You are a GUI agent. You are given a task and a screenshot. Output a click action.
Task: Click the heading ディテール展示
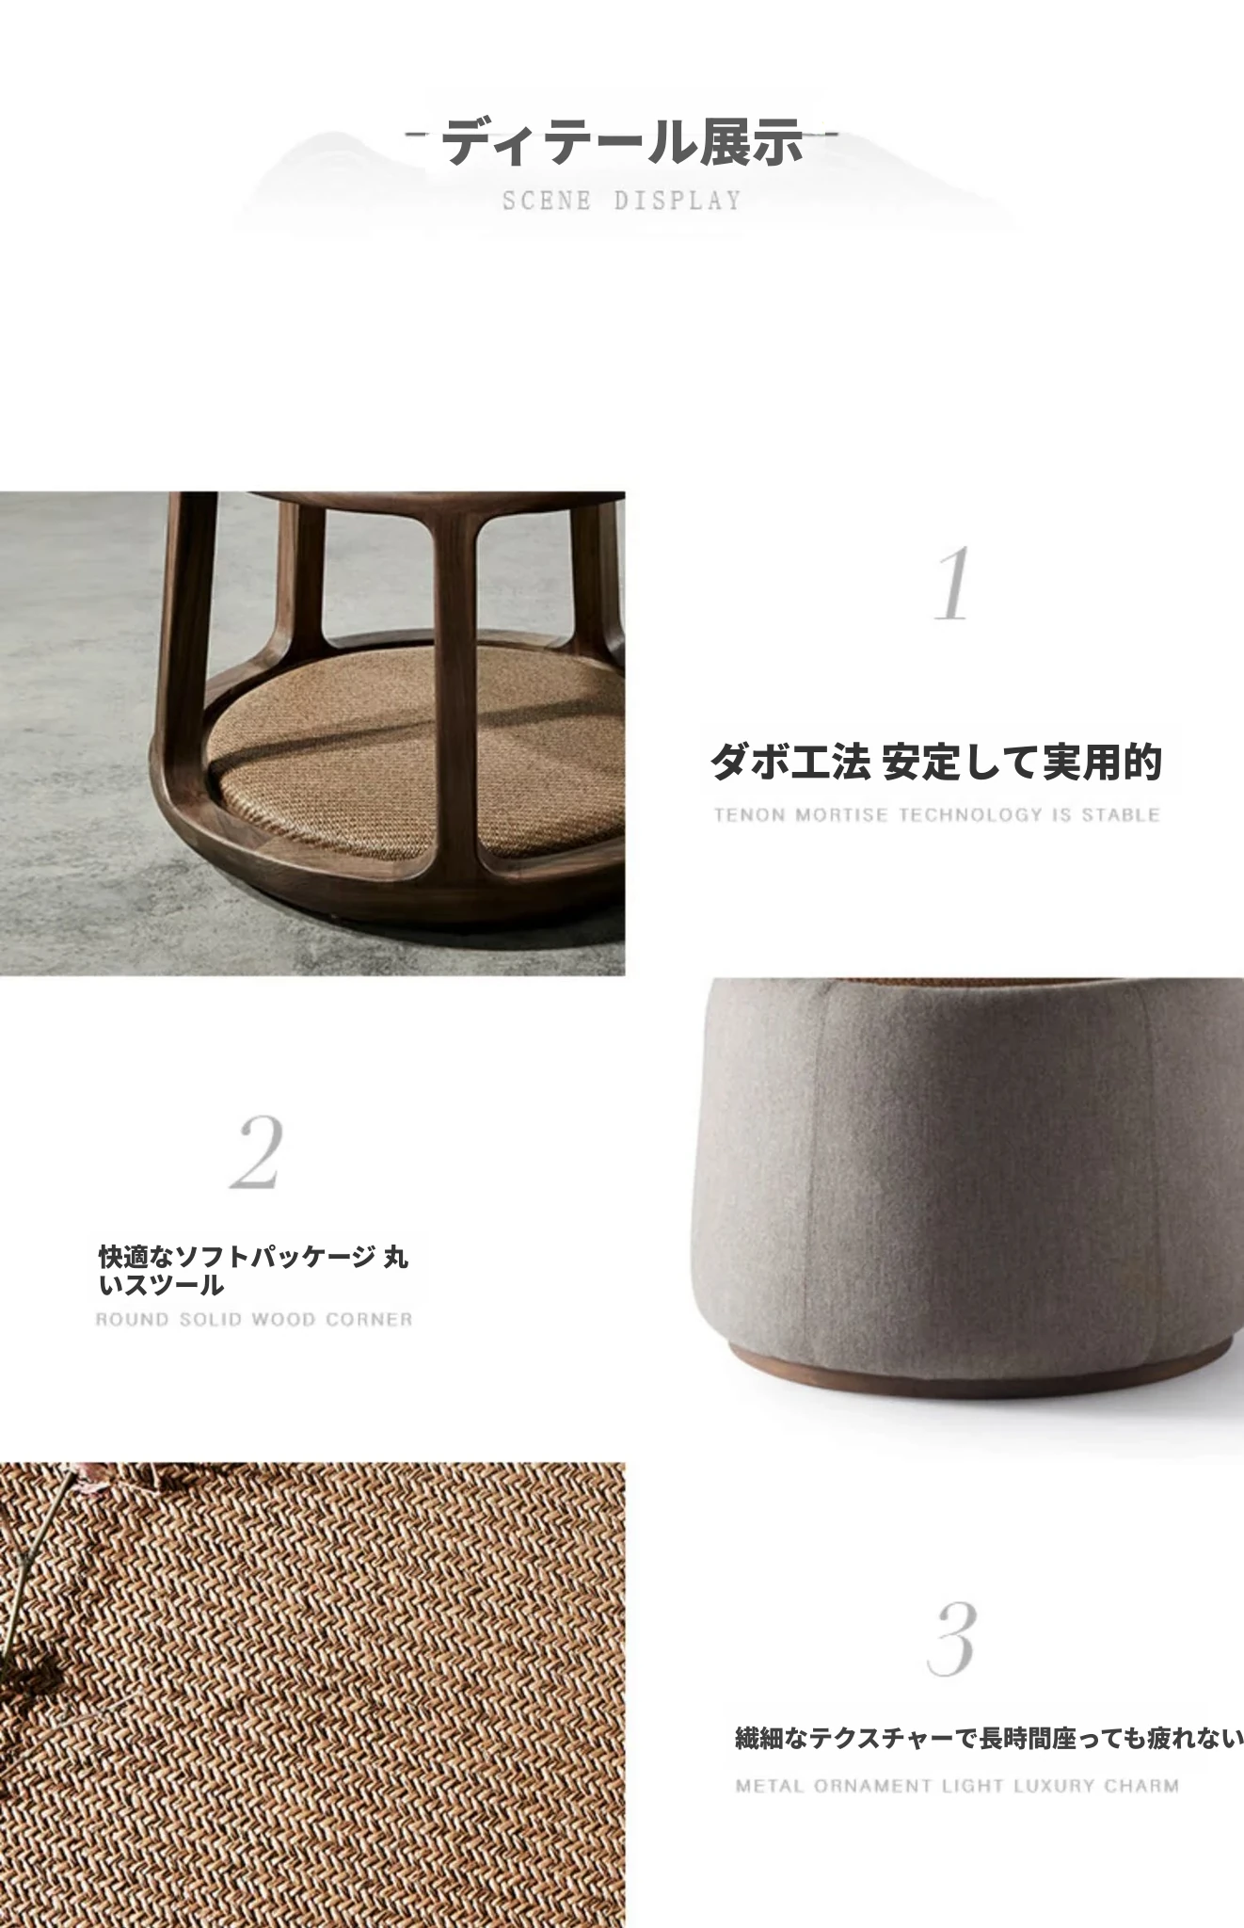coord(623,142)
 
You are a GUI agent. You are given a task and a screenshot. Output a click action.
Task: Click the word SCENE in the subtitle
coord(547,201)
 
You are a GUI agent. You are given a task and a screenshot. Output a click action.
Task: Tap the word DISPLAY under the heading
coord(678,201)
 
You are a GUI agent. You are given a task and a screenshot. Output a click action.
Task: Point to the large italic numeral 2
coord(257,1152)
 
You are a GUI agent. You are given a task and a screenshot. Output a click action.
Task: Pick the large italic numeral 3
coord(951,1640)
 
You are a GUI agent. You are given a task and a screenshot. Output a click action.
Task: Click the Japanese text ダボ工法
coord(789,762)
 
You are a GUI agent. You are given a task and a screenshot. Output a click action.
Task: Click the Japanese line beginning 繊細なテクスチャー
coord(989,1738)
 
